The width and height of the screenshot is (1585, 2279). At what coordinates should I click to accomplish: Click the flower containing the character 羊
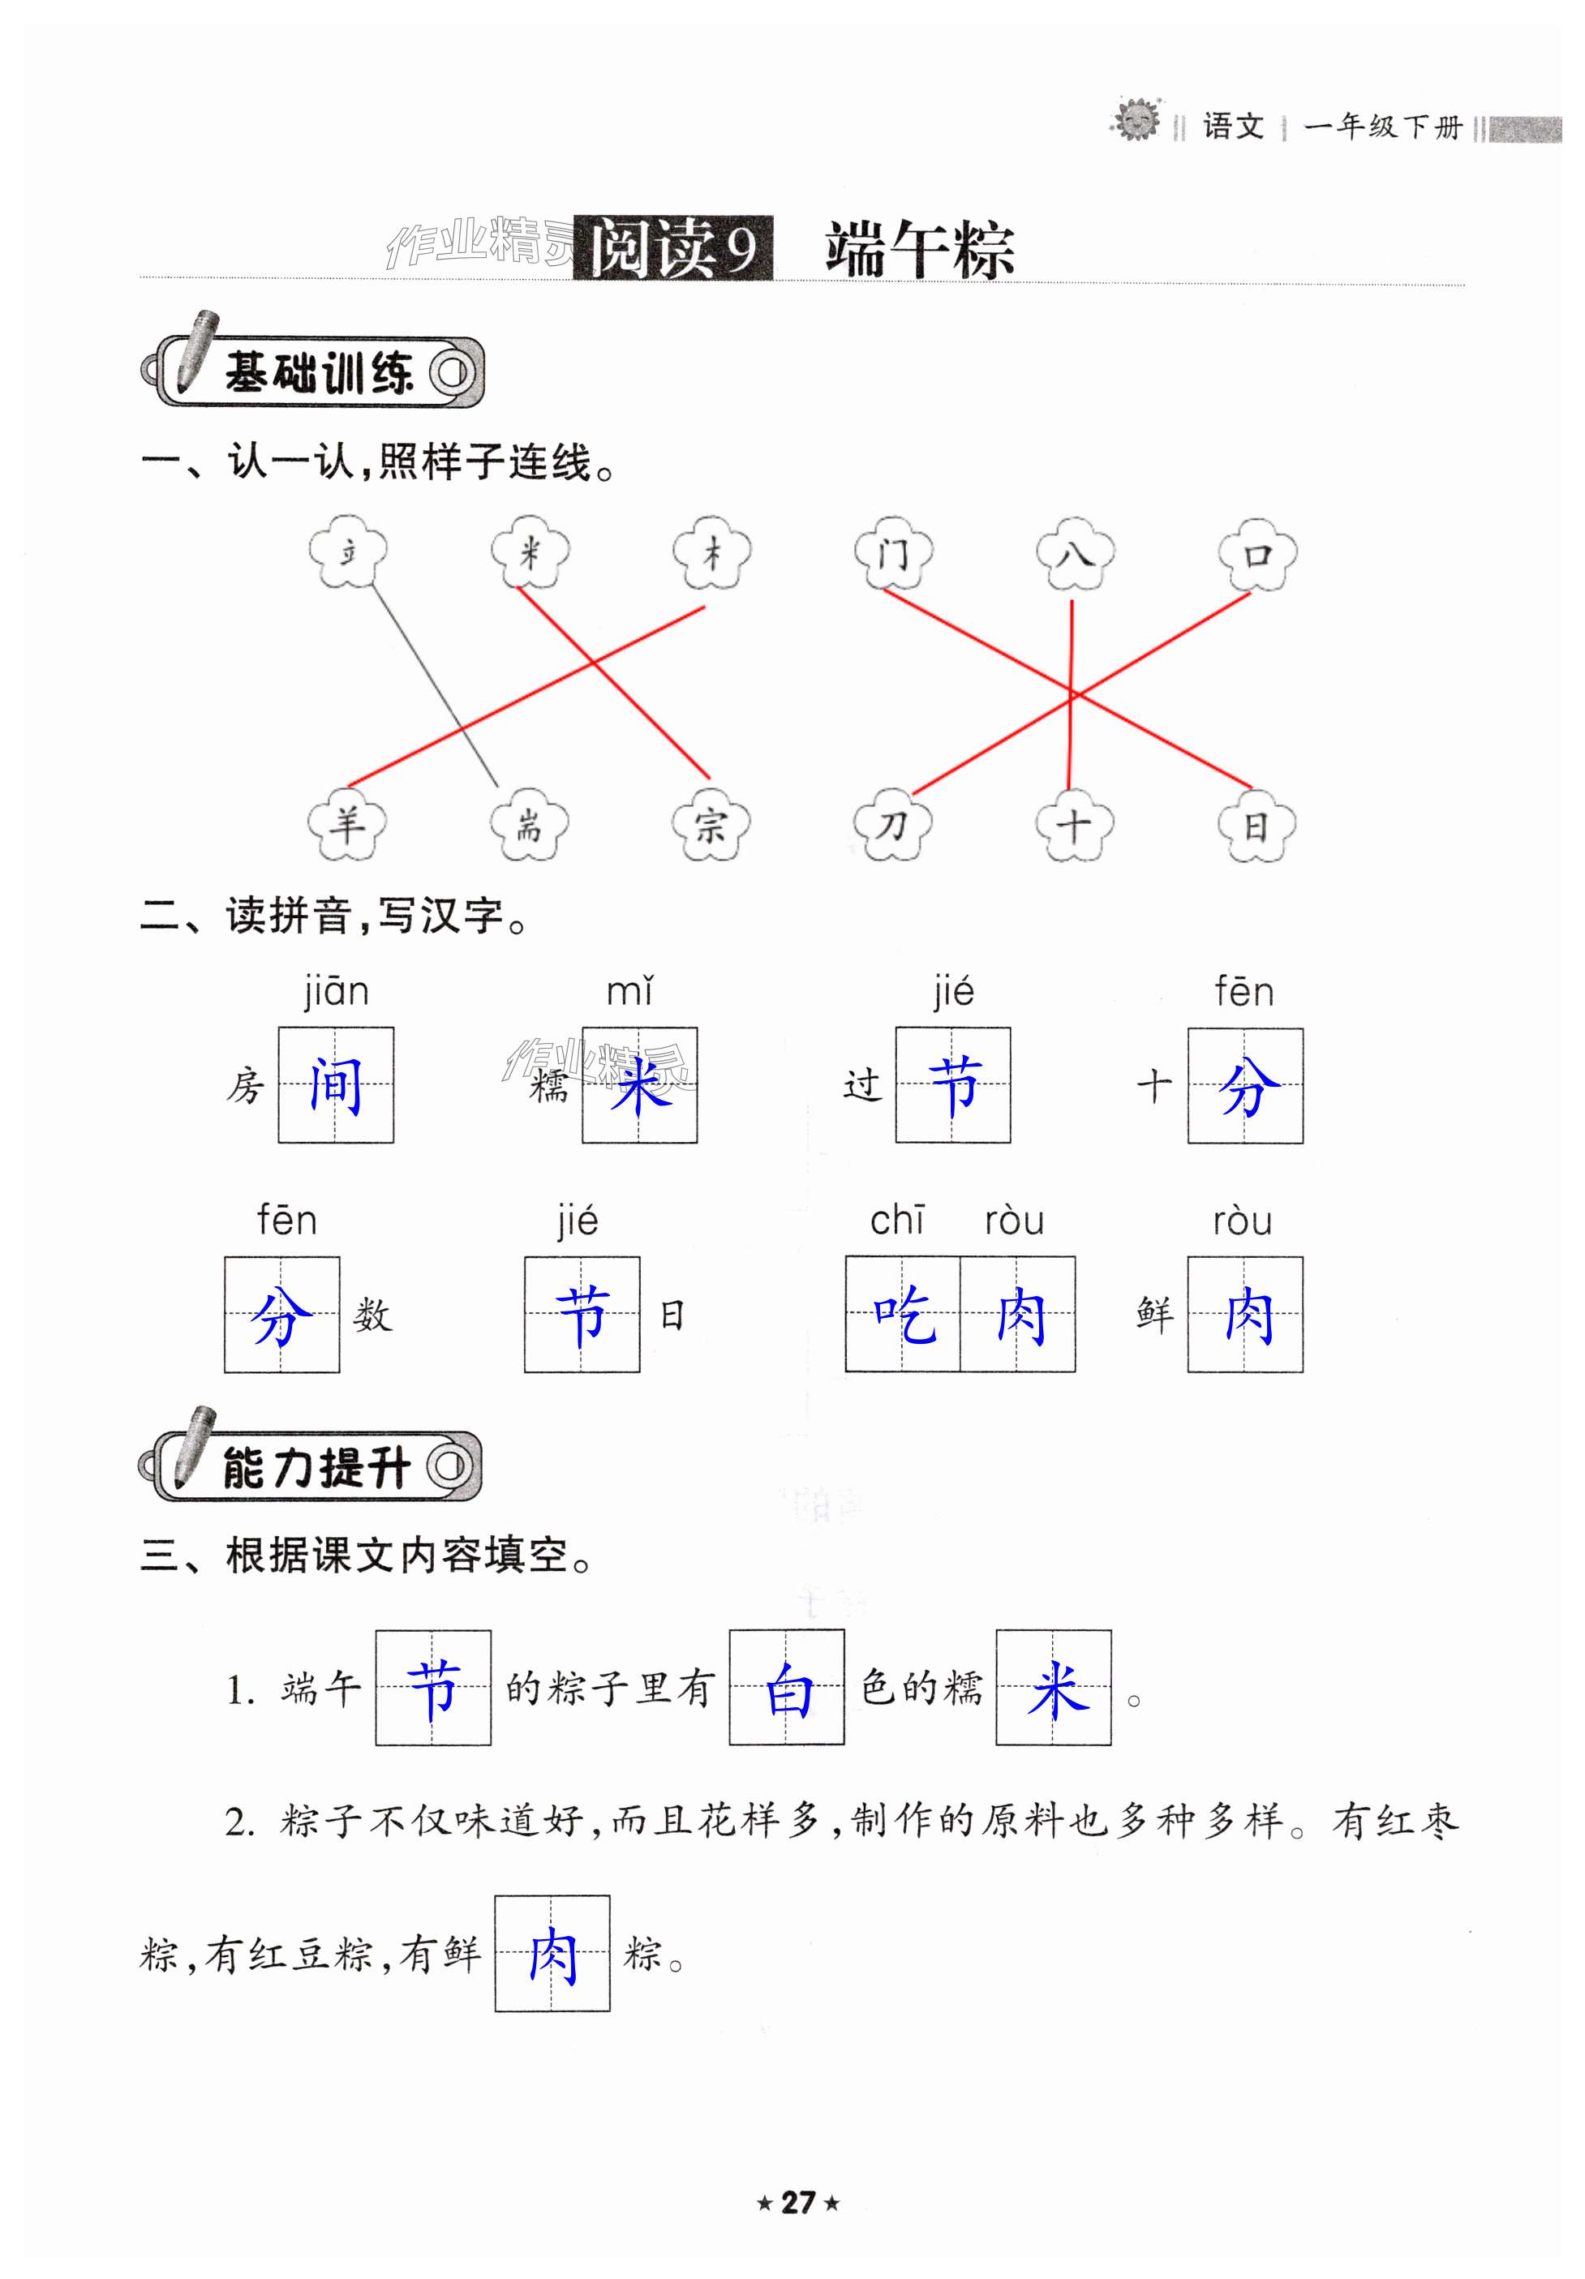pos(346,824)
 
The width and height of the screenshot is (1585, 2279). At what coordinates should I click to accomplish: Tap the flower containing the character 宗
pos(710,824)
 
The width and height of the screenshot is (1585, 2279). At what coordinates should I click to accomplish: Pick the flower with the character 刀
pos(892,824)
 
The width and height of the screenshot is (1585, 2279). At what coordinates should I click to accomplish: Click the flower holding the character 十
pos(1074,824)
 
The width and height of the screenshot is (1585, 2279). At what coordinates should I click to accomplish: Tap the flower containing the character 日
pos(1256,824)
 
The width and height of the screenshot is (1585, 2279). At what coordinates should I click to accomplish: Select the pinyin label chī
pos(897,1220)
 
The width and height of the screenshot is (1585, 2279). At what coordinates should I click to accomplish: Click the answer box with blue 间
pos(336,1085)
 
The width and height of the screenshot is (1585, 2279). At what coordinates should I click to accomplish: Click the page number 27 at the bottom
pos(798,2203)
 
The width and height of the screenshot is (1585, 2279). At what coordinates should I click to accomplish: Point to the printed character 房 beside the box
pos(245,1086)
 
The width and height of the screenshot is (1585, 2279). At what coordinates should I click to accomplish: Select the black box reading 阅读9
pos(673,247)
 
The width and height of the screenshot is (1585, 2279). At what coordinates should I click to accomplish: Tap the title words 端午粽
pos(919,248)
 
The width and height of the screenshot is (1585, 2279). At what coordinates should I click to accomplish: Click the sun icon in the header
pos(1136,121)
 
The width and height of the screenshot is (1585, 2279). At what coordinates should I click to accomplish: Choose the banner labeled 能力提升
pos(311,1466)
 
